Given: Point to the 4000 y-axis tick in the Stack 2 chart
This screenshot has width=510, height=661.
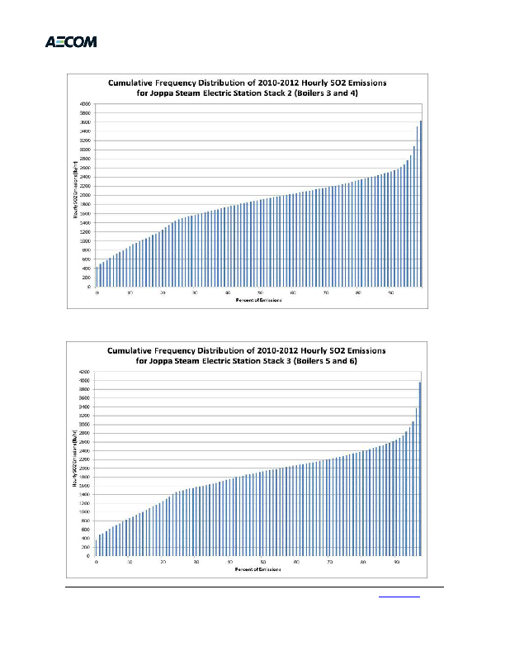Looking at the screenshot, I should point(85,103).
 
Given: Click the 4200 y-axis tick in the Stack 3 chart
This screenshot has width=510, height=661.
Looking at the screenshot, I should point(84,372).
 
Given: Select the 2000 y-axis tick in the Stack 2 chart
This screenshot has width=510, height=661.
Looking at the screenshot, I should point(85,195).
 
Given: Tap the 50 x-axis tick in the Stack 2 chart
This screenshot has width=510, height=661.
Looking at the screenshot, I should point(261,293).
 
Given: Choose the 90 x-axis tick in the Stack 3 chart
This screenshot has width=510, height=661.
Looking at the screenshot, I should point(396,563).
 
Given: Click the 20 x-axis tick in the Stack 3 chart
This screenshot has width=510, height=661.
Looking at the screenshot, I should point(163,563).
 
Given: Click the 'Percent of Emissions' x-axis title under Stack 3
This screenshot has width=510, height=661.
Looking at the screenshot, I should point(259,570).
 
